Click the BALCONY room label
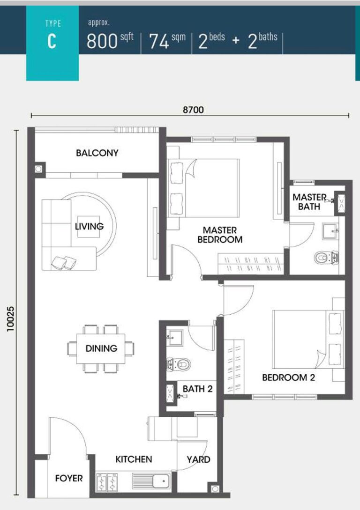click(x=97, y=153)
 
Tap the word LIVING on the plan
click(x=89, y=226)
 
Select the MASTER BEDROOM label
click(x=220, y=235)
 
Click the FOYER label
click(x=69, y=478)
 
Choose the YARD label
click(x=198, y=459)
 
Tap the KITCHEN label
click(x=134, y=459)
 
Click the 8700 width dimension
click(x=193, y=110)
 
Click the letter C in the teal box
click(x=52, y=41)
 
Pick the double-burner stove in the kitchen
click(x=107, y=481)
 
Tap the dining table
click(x=101, y=348)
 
